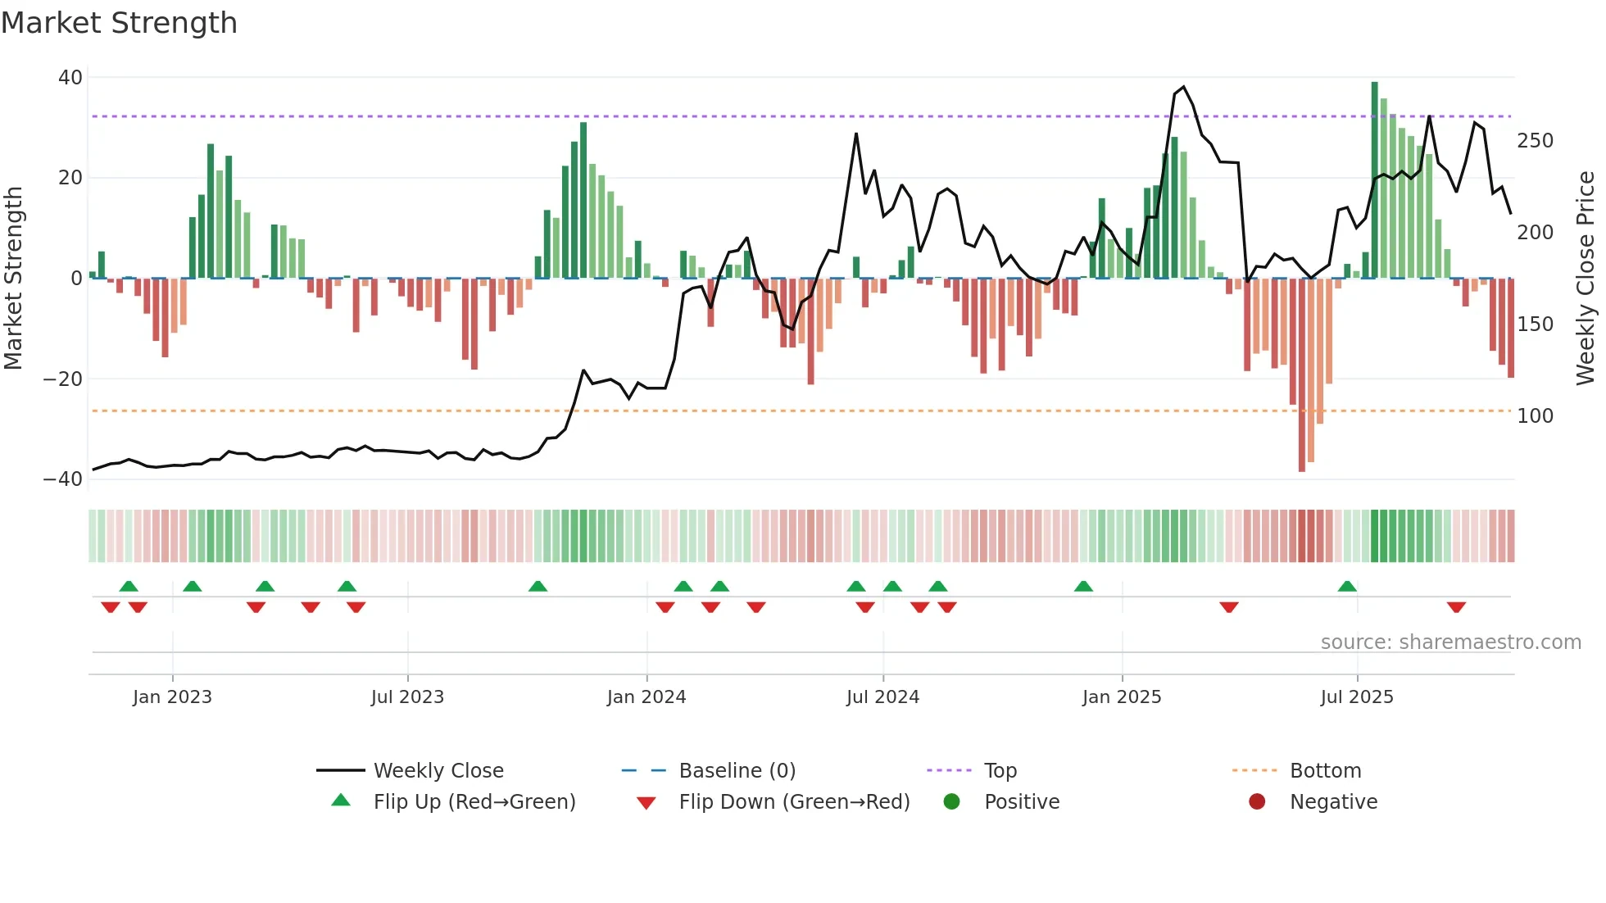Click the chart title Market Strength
click(119, 23)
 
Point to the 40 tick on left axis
click(70, 78)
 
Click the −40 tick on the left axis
click(63, 479)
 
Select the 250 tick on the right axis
click(1535, 141)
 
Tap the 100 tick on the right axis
click(1535, 416)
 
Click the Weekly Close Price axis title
click(1586, 279)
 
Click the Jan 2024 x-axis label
click(646, 697)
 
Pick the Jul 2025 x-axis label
click(1357, 697)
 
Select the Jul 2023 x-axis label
click(407, 697)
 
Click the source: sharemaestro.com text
click(1450, 642)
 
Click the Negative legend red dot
click(1257, 802)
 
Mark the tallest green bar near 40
click(1375, 180)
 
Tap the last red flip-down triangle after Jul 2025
click(1456, 607)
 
